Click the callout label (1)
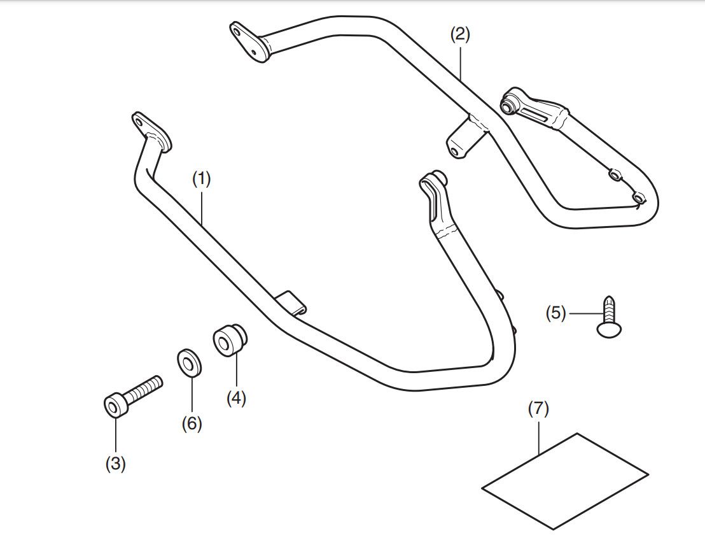tap(202, 179)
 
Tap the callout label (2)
tap(460, 34)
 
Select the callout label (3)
tap(116, 464)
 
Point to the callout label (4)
tap(236, 399)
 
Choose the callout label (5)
tap(555, 313)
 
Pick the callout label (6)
tap(192, 423)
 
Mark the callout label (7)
tap(539, 409)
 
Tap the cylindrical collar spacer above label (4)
tap(230, 341)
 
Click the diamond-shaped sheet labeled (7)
tap(565, 481)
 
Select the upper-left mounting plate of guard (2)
tap(249, 41)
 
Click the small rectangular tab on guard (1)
tap(291, 302)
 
